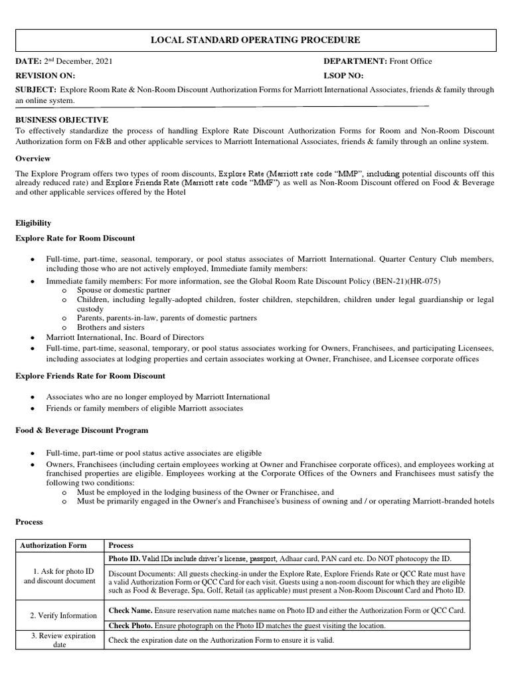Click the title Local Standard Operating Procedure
click(x=256, y=41)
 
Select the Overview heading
click(x=33, y=159)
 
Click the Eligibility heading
click(x=34, y=223)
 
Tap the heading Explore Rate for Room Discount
click(x=75, y=238)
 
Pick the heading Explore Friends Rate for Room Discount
click(x=90, y=376)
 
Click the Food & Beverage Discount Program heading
click(x=82, y=430)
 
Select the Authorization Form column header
click(x=53, y=545)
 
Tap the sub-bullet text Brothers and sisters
click(x=110, y=327)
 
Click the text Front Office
click(x=410, y=61)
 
